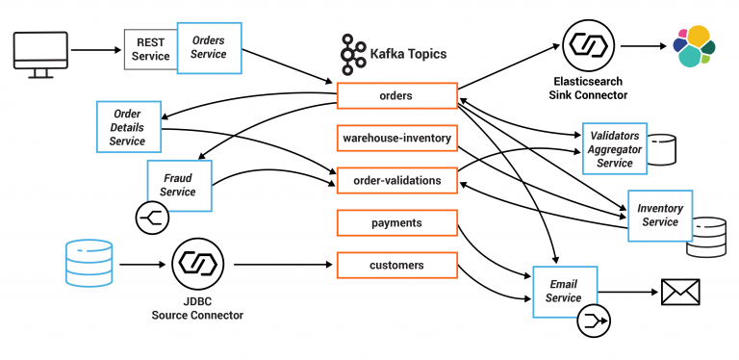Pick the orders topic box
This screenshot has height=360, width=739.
[395, 96]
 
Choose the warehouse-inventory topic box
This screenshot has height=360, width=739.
[395, 138]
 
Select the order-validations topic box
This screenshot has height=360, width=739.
[395, 180]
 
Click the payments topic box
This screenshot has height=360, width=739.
[395, 222]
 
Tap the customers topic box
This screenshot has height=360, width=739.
[395, 265]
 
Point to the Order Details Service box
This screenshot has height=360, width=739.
[128, 127]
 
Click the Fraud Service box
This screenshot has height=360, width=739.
[178, 185]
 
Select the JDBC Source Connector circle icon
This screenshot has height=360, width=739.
[197, 265]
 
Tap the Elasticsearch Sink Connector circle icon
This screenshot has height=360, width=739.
[584, 45]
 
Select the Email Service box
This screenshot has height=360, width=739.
[564, 291]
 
